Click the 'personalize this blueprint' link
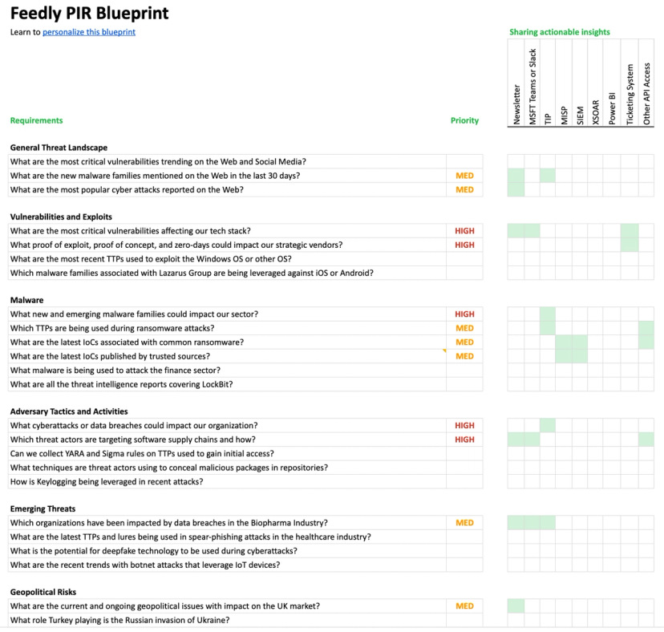tap(89, 32)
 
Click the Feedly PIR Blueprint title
tap(89, 14)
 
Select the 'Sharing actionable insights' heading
tap(560, 32)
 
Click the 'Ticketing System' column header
tap(630, 94)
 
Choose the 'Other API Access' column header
tap(647, 93)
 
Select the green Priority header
tap(464, 120)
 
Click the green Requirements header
tap(36, 120)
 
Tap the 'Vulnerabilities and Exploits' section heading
tap(61, 217)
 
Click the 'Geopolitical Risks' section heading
tap(43, 592)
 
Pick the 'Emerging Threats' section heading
tap(43, 508)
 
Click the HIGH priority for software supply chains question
tap(464, 440)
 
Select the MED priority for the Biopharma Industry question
tap(464, 523)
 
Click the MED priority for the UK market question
tap(464, 606)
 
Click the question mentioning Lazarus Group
tap(192, 273)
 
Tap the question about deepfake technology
tap(153, 551)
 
